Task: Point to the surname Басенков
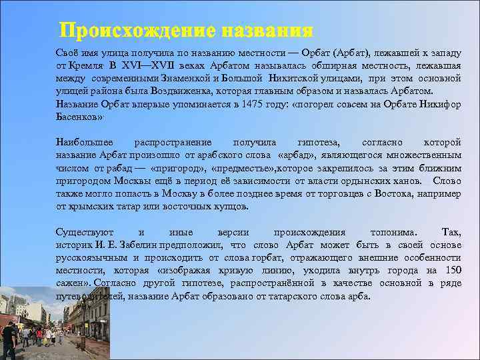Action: pyautogui.click(x=77, y=116)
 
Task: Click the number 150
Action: pyautogui.click(x=453, y=270)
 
